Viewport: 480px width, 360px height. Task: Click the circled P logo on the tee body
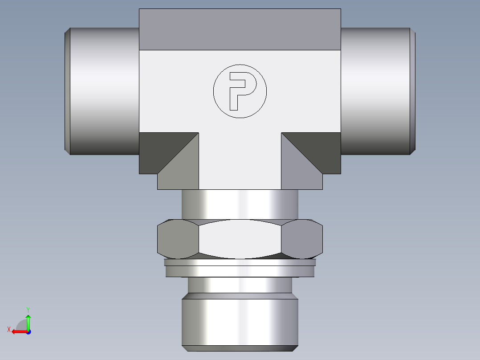(240, 91)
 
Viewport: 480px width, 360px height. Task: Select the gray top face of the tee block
(240, 29)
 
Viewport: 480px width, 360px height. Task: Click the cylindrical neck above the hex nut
(240, 204)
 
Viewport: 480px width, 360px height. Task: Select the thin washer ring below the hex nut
(240, 269)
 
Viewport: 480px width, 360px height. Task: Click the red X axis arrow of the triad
(17, 331)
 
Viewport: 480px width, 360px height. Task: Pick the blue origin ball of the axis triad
(28, 331)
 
